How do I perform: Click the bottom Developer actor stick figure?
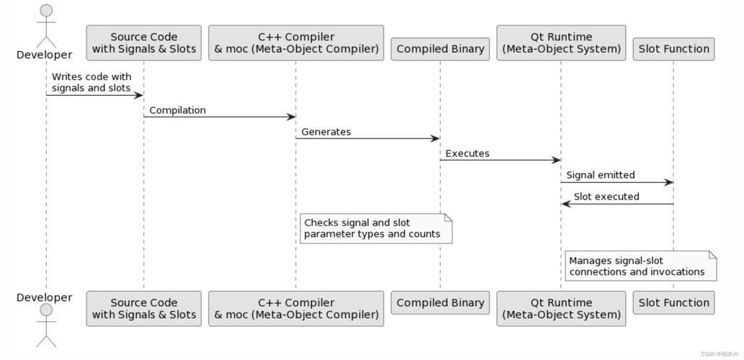click(x=46, y=326)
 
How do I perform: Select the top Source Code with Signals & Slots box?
click(x=143, y=43)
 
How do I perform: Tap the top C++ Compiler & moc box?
click(x=295, y=43)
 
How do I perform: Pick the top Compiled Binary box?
click(x=440, y=49)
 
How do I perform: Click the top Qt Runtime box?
click(x=561, y=43)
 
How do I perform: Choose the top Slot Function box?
click(x=673, y=49)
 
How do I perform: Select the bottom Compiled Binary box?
click(x=440, y=302)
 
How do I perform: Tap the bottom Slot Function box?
click(x=673, y=302)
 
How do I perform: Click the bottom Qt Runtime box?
click(x=561, y=308)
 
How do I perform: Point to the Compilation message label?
click(x=177, y=110)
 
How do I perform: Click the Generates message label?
click(x=326, y=132)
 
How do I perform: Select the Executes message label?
click(x=467, y=153)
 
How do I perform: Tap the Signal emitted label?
click(x=600, y=175)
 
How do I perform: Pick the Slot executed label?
click(x=606, y=197)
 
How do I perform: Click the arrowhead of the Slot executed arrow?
click(x=566, y=204)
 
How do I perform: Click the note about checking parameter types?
click(x=375, y=228)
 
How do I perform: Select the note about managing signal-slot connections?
click(x=640, y=266)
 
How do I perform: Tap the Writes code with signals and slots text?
click(x=91, y=82)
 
